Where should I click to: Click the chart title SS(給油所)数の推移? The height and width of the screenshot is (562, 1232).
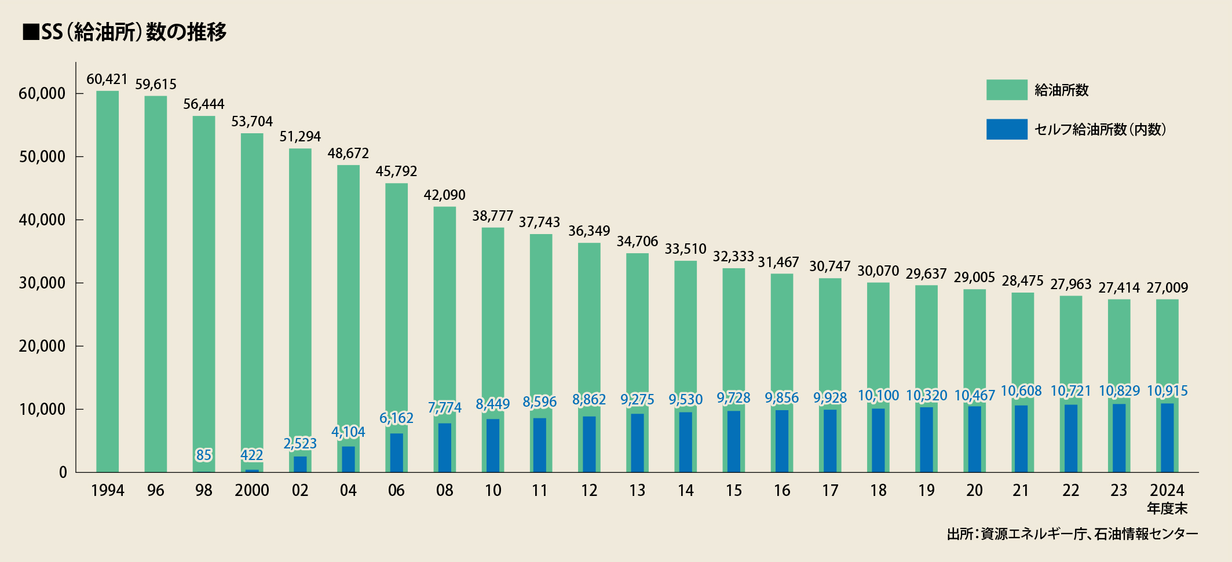tap(125, 32)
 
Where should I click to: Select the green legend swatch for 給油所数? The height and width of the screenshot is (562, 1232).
tap(1007, 90)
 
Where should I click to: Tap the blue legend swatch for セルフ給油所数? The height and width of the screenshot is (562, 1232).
tap(1007, 129)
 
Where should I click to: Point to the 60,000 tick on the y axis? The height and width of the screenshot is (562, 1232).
tap(42, 93)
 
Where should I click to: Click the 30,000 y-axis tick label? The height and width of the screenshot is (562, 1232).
tap(42, 283)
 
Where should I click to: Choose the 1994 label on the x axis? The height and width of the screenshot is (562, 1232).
tap(108, 491)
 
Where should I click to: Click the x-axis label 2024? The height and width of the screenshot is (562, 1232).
tap(1167, 490)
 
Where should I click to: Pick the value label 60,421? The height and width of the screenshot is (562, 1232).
tap(107, 79)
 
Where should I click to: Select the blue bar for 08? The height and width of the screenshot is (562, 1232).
tap(445, 447)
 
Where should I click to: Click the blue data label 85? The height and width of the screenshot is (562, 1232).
tap(204, 455)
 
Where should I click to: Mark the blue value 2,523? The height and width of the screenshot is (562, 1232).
tap(300, 443)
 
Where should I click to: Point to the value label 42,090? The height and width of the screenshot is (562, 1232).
tap(444, 195)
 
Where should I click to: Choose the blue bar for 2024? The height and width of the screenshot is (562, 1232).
tap(1167, 437)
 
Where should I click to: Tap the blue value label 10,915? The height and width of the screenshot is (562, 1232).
tap(1167, 391)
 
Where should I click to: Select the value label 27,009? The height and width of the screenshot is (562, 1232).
tap(1167, 287)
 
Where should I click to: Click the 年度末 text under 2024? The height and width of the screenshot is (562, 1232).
tap(1167, 509)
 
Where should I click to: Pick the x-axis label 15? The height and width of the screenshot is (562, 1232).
tap(734, 491)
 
